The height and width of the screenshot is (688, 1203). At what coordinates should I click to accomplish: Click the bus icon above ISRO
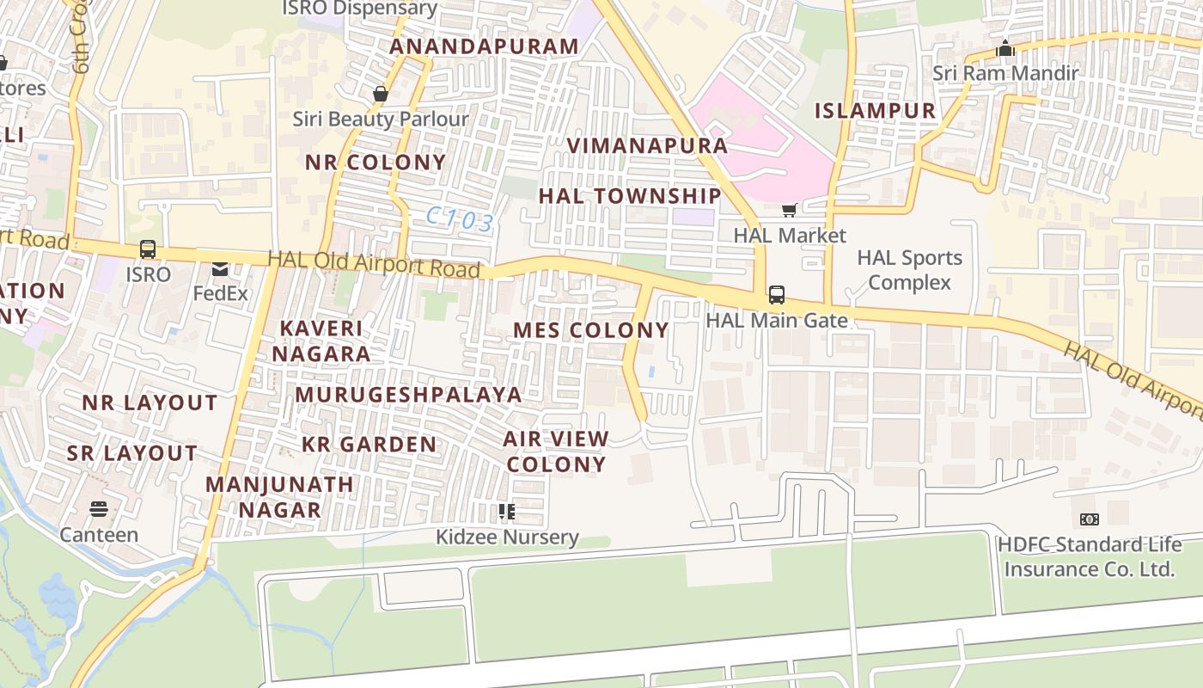(x=148, y=249)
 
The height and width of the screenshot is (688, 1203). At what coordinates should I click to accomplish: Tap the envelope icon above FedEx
(x=220, y=269)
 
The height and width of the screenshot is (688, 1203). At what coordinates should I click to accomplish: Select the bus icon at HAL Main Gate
(x=777, y=295)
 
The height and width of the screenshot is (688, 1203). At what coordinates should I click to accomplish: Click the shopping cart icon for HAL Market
(x=789, y=210)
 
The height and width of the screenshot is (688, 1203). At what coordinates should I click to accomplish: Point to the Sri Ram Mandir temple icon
(x=1005, y=48)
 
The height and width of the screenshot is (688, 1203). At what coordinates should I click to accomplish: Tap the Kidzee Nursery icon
(x=507, y=513)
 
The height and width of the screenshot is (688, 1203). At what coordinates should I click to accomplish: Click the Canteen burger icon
(x=99, y=509)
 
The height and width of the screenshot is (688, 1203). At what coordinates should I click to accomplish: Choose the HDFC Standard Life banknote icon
(x=1089, y=519)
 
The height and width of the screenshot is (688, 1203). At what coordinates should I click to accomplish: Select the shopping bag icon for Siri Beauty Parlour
(x=380, y=94)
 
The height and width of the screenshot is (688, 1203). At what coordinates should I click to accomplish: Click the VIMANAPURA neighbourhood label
(x=647, y=145)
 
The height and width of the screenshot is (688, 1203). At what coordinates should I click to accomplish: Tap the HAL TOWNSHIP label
(x=630, y=196)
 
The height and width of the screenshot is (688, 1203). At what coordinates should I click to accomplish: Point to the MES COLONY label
(x=591, y=330)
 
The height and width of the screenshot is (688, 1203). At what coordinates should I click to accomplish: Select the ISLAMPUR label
(x=875, y=110)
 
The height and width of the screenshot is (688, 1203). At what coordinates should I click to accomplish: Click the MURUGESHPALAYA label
(x=408, y=395)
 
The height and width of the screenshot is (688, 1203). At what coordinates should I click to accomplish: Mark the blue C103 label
(x=460, y=220)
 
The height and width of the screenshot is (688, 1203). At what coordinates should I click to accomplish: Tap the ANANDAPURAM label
(x=484, y=46)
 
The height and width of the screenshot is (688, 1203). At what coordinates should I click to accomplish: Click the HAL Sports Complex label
(x=909, y=270)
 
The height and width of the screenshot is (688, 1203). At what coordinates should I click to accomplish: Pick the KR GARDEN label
(x=369, y=445)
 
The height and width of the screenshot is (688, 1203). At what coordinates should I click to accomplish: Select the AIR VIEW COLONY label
(x=556, y=451)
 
